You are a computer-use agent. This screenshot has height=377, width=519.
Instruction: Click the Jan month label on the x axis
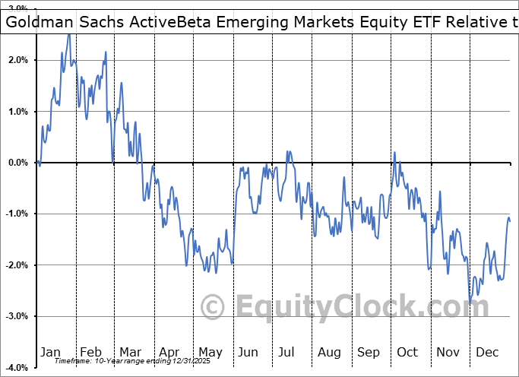[x=50, y=352]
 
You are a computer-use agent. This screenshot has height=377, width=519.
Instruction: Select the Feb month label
[x=90, y=352]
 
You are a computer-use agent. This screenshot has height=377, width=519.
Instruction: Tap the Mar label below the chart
[x=130, y=352]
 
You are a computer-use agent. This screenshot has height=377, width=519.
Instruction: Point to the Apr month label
[x=170, y=352]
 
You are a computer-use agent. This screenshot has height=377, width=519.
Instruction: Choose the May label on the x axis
[x=210, y=352]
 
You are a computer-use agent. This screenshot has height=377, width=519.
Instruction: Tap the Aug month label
[x=329, y=352]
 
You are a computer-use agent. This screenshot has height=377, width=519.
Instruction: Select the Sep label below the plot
[x=369, y=352]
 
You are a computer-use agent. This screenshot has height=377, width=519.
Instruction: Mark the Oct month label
[x=407, y=352]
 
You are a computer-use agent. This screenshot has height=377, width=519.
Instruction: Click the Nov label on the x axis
[x=448, y=352]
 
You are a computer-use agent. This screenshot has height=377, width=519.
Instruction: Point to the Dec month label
[x=487, y=352]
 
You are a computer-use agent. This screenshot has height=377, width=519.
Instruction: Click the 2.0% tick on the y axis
[x=17, y=60]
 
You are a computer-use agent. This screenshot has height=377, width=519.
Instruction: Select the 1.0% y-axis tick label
[x=17, y=112]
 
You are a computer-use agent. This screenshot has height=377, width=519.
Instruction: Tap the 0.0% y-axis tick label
[x=17, y=163]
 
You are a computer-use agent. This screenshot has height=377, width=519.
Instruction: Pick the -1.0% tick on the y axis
[x=16, y=214]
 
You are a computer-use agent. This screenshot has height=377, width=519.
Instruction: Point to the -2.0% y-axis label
[x=16, y=265]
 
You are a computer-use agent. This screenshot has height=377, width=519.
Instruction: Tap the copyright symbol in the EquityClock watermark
[x=212, y=307]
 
